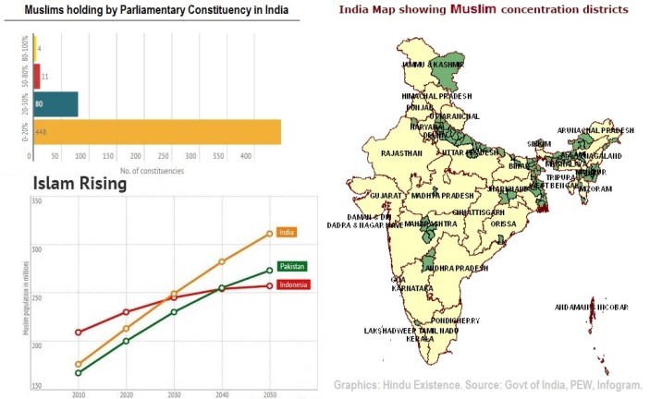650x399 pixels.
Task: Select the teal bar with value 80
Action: pyautogui.click(x=55, y=104)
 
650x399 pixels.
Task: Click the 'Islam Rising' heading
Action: pyautogui.click(x=79, y=185)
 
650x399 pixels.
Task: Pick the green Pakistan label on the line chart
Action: pyautogui.click(x=291, y=266)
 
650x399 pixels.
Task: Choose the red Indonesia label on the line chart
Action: pyautogui.click(x=293, y=284)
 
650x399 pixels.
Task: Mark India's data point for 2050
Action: pyautogui.click(x=269, y=234)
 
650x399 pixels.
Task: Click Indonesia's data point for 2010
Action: pyautogui.click(x=79, y=332)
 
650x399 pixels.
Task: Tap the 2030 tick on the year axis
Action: pyautogui.click(x=174, y=393)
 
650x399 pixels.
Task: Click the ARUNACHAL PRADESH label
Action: pyautogui.click(x=595, y=131)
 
